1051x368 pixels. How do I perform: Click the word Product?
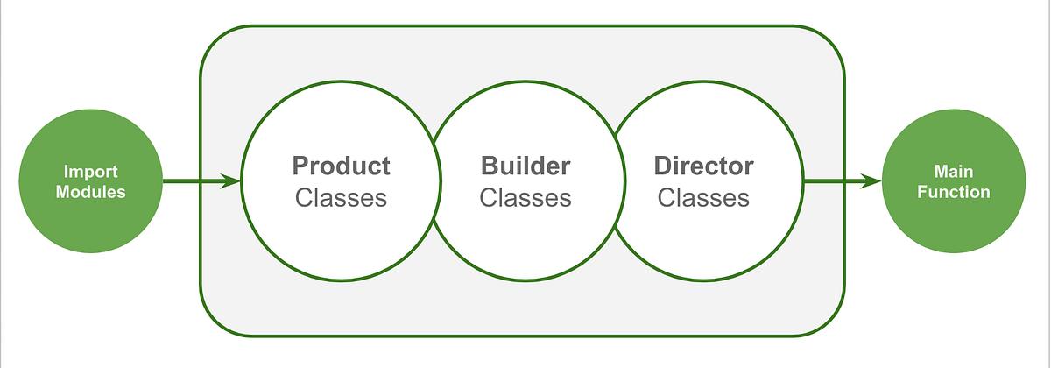pos(341,165)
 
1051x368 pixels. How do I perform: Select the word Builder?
pos(525,165)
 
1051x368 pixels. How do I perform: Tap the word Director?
pos(703,165)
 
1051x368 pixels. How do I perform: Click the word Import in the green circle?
pos(90,172)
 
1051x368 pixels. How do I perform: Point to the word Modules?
pos(90,192)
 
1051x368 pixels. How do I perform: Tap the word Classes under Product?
pos(341,198)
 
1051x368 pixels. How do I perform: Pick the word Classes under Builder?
pos(525,198)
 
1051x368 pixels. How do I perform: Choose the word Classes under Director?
pos(703,198)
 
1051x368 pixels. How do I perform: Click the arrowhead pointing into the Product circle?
pos(232,181)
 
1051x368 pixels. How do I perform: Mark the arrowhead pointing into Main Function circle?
pos(873,181)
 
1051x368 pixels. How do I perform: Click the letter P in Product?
pos(300,165)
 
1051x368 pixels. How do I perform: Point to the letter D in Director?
pos(662,165)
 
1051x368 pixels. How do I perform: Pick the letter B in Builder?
pos(488,165)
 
